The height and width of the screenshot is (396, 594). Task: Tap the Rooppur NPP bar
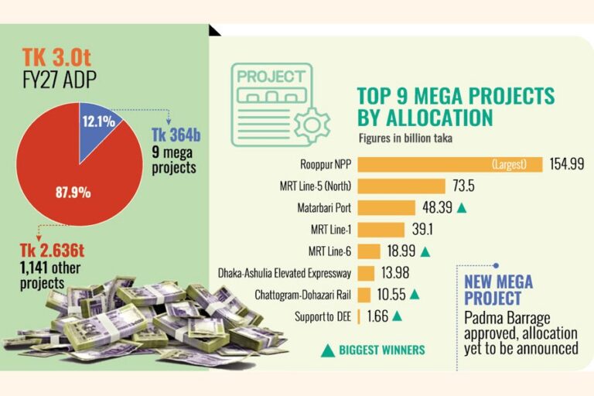point(450,165)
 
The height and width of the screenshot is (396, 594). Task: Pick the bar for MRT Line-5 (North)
point(401,186)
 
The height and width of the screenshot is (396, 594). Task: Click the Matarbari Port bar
point(387,207)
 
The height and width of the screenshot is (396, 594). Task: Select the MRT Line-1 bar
point(381,230)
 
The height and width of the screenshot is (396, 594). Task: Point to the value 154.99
point(567,164)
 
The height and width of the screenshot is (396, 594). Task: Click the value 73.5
point(463,186)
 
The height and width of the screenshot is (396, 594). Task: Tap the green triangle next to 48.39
point(462,208)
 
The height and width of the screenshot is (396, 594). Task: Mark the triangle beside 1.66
point(397,316)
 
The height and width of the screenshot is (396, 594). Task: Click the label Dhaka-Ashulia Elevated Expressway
point(285,273)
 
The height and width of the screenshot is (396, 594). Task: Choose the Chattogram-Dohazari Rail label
point(302,295)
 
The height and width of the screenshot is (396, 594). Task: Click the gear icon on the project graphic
point(312,125)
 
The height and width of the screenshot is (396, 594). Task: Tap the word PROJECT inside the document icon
point(271,77)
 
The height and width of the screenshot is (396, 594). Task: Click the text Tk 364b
point(176,135)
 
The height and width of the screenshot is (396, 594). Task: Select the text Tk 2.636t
point(52,251)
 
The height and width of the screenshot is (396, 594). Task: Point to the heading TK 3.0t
point(56,57)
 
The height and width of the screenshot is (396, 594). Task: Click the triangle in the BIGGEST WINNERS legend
point(328,350)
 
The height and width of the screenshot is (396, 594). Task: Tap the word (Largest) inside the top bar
point(509,165)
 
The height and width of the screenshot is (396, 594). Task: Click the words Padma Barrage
point(507,319)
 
